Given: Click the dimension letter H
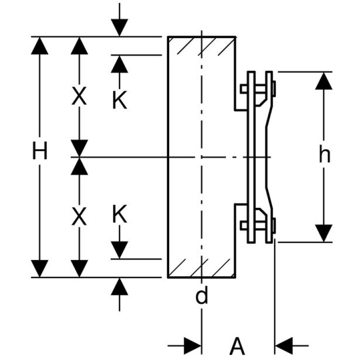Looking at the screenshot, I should click(x=40, y=152).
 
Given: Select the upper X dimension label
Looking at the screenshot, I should click(x=79, y=97).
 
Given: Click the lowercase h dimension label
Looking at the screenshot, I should click(x=324, y=156).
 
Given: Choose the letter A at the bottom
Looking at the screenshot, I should click(x=237, y=348).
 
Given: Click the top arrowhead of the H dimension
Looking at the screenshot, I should click(x=40, y=45).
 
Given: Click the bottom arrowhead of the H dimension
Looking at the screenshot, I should click(x=40, y=268).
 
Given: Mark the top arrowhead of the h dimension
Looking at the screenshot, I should click(x=324, y=80).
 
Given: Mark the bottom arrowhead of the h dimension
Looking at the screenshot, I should click(x=324, y=233).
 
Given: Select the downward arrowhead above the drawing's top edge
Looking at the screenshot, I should click(x=119, y=28).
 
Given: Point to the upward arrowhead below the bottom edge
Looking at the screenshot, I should click(x=119, y=286).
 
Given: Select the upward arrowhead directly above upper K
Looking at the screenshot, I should click(x=119, y=64).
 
